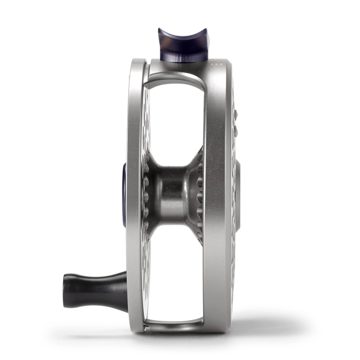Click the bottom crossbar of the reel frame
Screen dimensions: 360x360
pos(173,323)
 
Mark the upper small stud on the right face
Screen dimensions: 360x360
pos(235,115)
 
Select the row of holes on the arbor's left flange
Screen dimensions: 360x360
pos(146,193)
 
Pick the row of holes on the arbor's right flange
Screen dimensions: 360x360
pos(199,193)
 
